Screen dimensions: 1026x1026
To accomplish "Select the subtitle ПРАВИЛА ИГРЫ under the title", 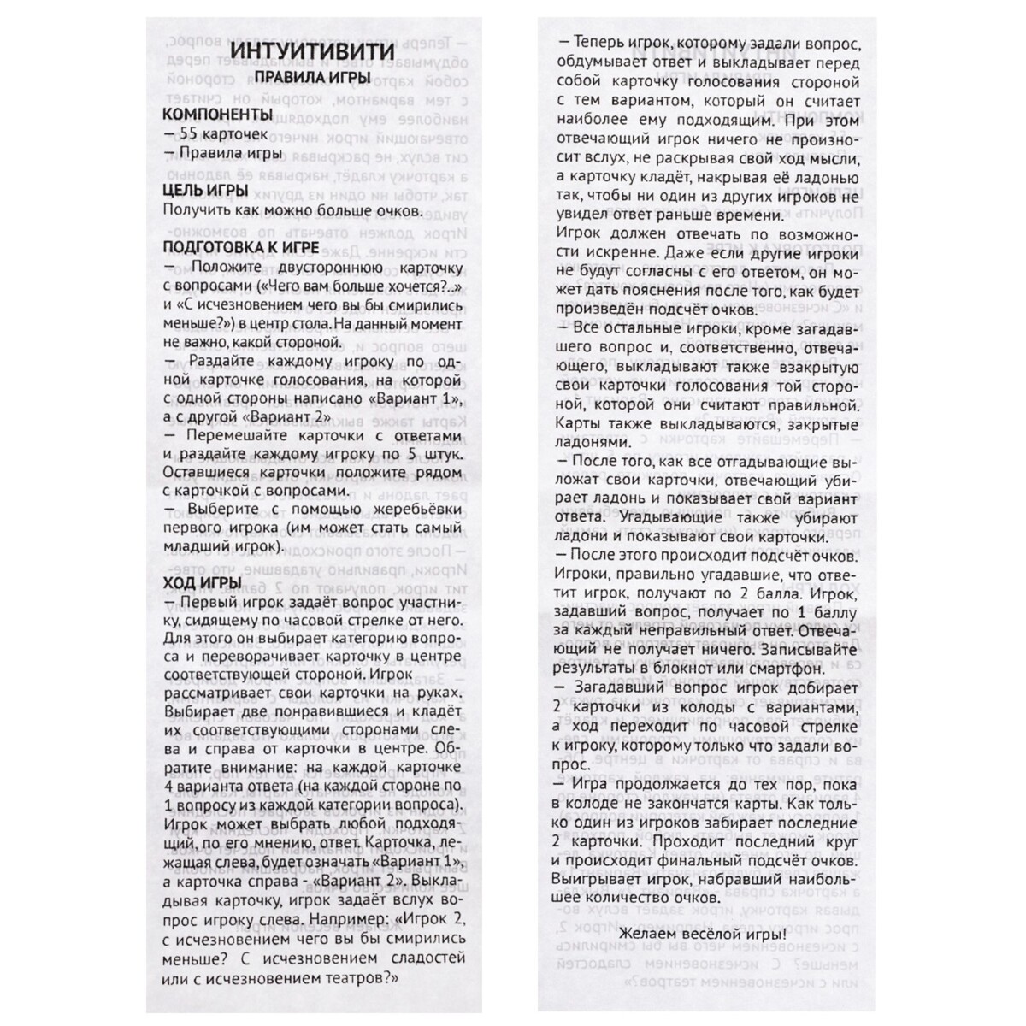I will pyautogui.click(x=310, y=78).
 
